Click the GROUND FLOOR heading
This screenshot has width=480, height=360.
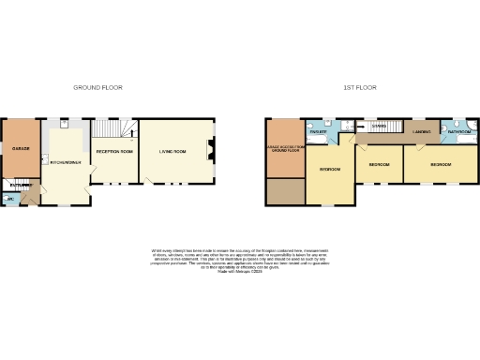pos(98,87)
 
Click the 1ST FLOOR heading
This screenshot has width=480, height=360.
pos(360,87)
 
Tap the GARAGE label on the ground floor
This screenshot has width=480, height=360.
pos(21,148)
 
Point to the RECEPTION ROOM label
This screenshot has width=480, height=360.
pos(114,151)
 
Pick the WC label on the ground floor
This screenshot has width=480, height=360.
pos(9,199)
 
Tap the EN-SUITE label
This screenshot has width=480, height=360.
pos(318,132)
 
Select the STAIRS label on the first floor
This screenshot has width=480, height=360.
pos(379,126)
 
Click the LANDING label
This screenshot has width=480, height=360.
pos(422,132)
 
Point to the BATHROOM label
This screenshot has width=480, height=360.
pos(458,132)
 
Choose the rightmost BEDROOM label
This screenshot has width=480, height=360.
pos(441,164)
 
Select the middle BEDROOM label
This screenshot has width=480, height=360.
pos(379,164)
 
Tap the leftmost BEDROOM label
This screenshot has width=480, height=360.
pos(329,169)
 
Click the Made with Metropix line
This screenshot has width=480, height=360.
pos(240,270)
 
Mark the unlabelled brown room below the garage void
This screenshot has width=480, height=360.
pos(285,191)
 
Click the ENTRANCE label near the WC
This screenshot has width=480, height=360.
pos(21,186)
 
